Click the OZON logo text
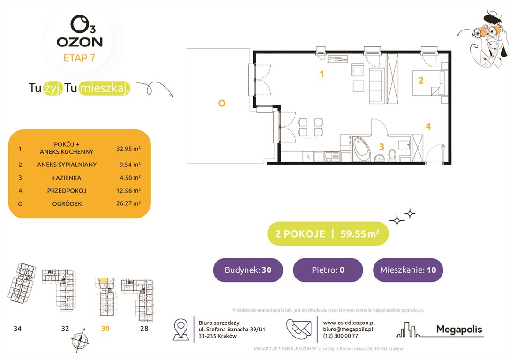coord(80,42)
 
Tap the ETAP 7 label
coord(80,58)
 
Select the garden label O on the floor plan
coord(222,104)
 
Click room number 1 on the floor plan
coord(322,74)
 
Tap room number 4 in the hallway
coord(428,127)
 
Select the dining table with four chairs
coord(310,127)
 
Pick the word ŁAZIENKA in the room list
coord(67,178)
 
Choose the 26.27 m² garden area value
coord(128,204)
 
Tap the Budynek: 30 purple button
coord(247,270)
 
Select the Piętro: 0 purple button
coord(328,270)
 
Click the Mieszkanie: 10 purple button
coord(408,270)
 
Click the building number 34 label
coord(17,329)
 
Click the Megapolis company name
coord(459,330)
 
